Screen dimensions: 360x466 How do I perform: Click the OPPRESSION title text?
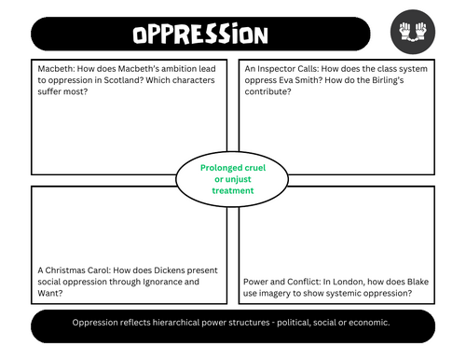click(x=199, y=34)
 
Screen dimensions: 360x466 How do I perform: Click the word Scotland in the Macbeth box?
click(x=123, y=79)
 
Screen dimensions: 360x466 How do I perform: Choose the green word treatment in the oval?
click(x=233, y=189)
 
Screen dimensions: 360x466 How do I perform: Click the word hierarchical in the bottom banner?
click(x=179, y=322)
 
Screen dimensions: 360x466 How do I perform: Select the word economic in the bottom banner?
click(x=368, y=322)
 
